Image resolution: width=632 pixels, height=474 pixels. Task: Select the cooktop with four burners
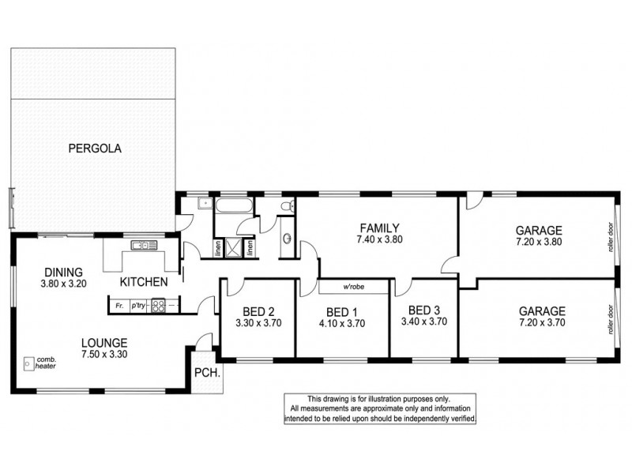(x=158, y=304)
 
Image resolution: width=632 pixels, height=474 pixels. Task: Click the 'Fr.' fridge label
(x=119, y=304)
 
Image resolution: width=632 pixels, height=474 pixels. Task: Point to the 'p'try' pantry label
(x=138, y=304)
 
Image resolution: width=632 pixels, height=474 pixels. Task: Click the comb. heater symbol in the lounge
(x=30, y=364)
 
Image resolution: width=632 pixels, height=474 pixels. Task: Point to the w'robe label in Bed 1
(x=353, y=286)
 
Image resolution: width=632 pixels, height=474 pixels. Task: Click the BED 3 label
(x=424, y=309)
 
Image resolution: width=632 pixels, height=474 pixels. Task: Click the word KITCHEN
(x=143, y=282)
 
